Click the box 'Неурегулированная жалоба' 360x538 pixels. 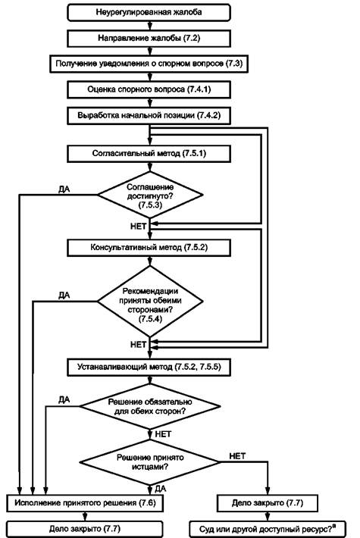tap(149, 13)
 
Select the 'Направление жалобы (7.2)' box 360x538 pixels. tap(149, 39)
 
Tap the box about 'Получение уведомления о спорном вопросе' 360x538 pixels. tap(149, 64)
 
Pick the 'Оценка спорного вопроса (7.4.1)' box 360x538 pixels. tap(149, 89)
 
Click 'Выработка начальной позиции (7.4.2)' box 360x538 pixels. tap(149, 115)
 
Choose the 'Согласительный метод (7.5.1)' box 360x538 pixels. tap(149, 153)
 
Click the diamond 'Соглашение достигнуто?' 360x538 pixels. tap(150, 195)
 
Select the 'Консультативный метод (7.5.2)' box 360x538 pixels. tap(149, 248)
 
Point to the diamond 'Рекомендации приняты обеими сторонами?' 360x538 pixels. tap(150, 302)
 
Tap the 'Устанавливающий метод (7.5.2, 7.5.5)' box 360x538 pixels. tap(149, 368)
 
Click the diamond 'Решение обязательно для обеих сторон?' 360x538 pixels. tap(150, 406)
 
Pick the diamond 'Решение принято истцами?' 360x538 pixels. tap(150, 462)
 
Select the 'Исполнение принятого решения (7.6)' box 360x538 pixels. tap(85, 503)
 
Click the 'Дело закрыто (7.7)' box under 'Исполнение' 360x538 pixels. tap(85, 529)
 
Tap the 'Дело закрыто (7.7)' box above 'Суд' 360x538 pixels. tap(268, 503)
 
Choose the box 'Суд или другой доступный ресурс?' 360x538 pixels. tap(268, 529)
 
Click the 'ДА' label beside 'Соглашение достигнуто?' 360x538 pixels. tap(64, 189)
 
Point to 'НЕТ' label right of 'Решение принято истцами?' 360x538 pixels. tap(237, 456)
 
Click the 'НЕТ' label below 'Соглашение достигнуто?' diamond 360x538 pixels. tap(138, 226)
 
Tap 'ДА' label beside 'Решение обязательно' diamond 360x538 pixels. tap(64, 400)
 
